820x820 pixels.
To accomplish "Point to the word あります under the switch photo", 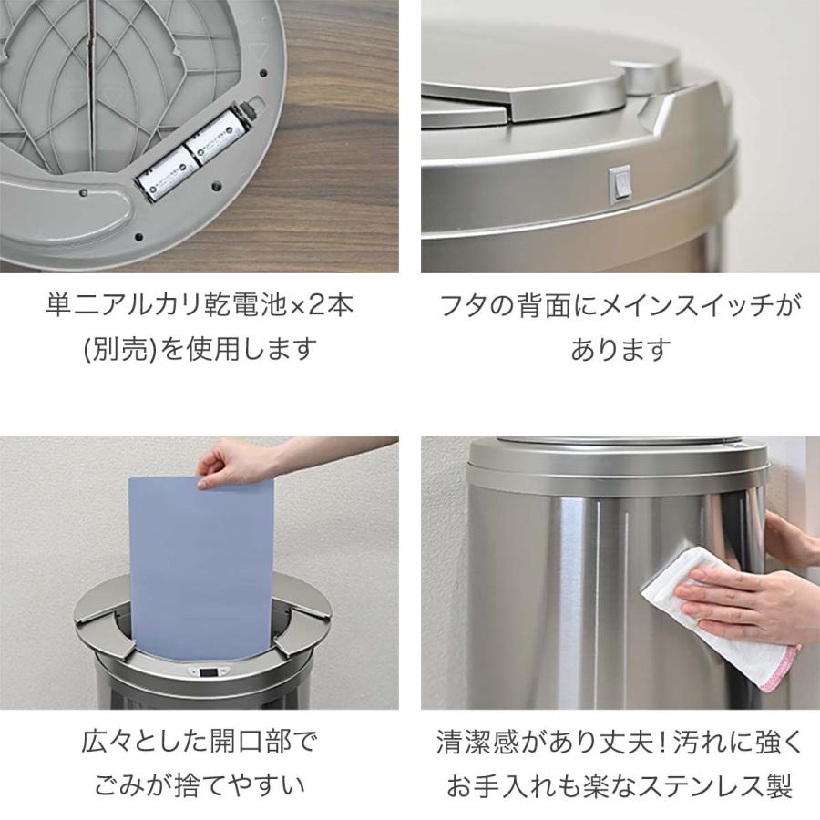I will [x=620, y=349].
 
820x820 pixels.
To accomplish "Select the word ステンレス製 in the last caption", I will [x=728, y=784].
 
